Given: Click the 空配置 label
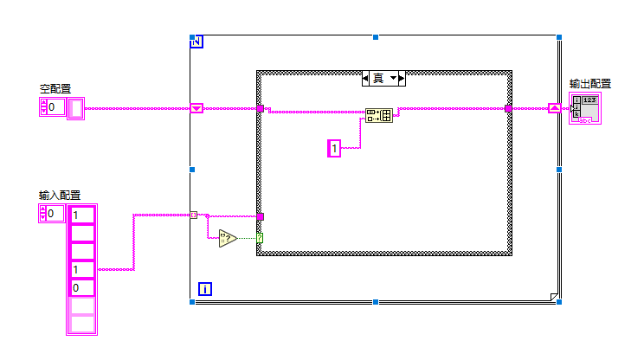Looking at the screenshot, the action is coord(55,88).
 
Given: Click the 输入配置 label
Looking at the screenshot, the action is coord(60,196).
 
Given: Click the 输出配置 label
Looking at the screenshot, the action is coord(590,84).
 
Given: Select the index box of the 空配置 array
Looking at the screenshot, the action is coord(53,107).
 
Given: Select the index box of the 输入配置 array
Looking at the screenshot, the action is coord(52,214).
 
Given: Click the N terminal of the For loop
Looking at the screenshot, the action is coord(196,42).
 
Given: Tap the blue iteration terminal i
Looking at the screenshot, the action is coord(205,289).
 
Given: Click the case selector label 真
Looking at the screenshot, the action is coord(378,78).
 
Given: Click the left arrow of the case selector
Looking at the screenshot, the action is coord(365,79).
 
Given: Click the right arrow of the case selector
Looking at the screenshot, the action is coord(402,79).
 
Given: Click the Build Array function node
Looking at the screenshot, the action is coord(378,115).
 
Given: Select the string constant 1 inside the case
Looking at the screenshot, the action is coord(334,148).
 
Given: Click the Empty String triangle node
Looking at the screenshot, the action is coord(228,238).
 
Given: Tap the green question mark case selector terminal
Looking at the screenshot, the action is coord(260,238).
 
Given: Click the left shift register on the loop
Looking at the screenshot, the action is coord(196,108).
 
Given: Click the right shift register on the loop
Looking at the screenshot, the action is coord(555,108).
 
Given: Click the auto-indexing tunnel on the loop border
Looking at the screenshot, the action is coord(193,215).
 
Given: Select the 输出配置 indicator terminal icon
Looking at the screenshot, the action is coord(585,108).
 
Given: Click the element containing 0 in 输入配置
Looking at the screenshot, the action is coord(82,288).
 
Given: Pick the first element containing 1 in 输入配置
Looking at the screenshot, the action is coord(82,215).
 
